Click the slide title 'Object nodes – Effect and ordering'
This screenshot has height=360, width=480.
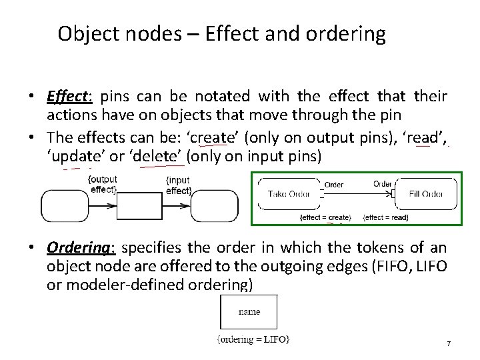pos(221,34)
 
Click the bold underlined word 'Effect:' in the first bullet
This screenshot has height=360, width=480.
pos(68,97)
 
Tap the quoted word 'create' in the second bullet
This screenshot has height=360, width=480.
pos(212,138)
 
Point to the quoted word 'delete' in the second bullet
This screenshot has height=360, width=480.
pos(163,157)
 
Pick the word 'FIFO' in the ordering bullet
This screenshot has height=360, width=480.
pos(398,266)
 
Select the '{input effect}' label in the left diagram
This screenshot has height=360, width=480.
pos(178,185)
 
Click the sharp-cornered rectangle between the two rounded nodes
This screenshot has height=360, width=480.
pos(140,205)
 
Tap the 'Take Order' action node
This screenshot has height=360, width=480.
pos(288,194)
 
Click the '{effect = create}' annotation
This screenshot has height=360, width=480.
pos(325,217)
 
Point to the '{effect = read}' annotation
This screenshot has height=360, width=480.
pos(386,217)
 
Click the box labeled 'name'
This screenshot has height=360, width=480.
pos(249,312)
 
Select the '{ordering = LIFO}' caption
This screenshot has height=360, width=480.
pos(253,339)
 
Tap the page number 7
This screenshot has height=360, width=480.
pos(449,343)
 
